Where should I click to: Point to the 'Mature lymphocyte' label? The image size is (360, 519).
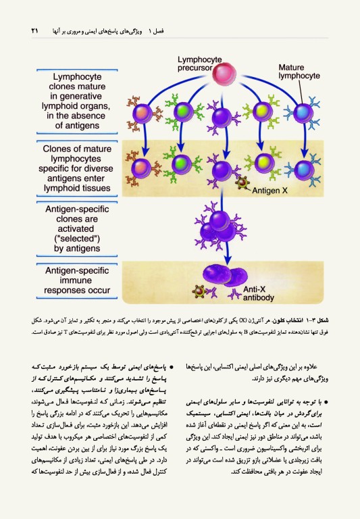(299, 72)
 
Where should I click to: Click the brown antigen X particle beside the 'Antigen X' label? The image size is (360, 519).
(240, 182)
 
